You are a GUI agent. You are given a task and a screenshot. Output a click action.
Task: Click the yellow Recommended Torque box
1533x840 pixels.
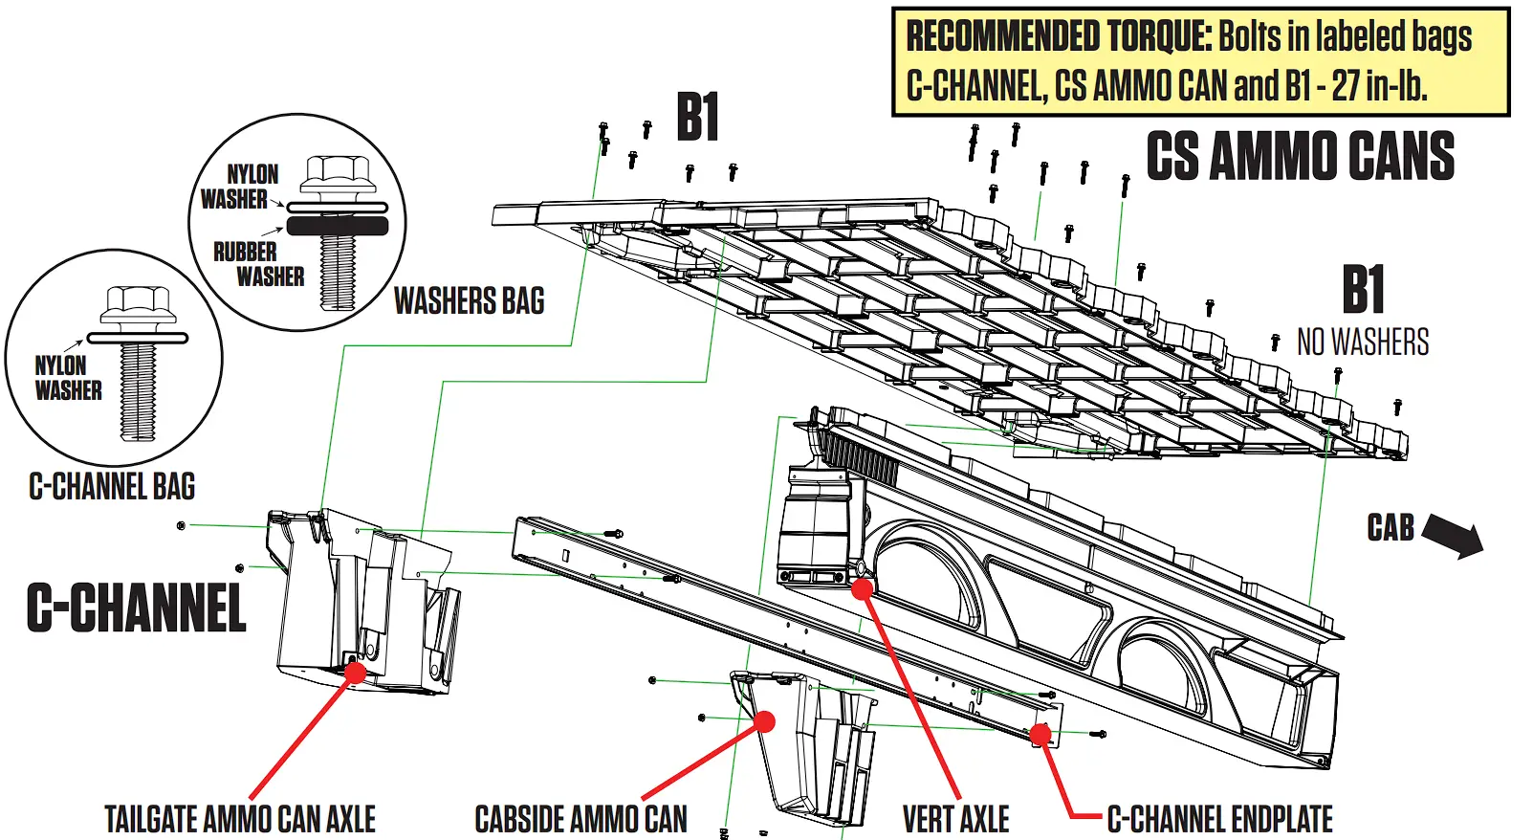[1200, 62]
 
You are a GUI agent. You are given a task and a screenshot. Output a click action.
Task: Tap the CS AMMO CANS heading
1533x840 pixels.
[1300, 157]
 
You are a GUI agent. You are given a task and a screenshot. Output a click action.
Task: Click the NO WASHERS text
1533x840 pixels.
[1362, 342]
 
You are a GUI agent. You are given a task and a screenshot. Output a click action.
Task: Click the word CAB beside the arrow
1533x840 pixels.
[1390, 527]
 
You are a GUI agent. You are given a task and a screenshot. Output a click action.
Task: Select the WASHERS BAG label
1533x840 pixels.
[469, 300]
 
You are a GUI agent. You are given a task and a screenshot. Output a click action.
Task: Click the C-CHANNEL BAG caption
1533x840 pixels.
[112, 486]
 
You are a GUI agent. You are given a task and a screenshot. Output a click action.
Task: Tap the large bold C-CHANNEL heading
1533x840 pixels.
[136, 608]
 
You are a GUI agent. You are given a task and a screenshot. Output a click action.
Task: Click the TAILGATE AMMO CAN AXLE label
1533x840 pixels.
[240, 819]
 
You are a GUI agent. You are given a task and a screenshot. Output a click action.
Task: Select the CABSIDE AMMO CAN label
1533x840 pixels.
[580, 819]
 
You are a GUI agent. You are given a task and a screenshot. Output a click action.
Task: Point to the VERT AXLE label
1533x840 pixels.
[955, 819]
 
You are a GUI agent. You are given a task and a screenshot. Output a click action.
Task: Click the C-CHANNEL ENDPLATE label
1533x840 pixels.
[1219, 819]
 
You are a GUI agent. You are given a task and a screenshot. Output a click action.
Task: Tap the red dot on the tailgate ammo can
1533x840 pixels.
[355, 672]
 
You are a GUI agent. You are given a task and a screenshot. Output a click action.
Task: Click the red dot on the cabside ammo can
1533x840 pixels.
[764, 721]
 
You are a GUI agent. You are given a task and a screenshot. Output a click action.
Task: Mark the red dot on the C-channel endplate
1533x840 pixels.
[1040, 735]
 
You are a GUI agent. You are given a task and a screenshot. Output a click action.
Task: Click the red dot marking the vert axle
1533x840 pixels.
[863, 588]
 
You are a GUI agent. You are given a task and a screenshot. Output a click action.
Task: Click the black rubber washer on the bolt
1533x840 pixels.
[338, 227]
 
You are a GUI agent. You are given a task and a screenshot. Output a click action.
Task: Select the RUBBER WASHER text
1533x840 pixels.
[256, 264]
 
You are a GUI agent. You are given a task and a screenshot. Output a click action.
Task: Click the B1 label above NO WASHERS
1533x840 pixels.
[1362, 289]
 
